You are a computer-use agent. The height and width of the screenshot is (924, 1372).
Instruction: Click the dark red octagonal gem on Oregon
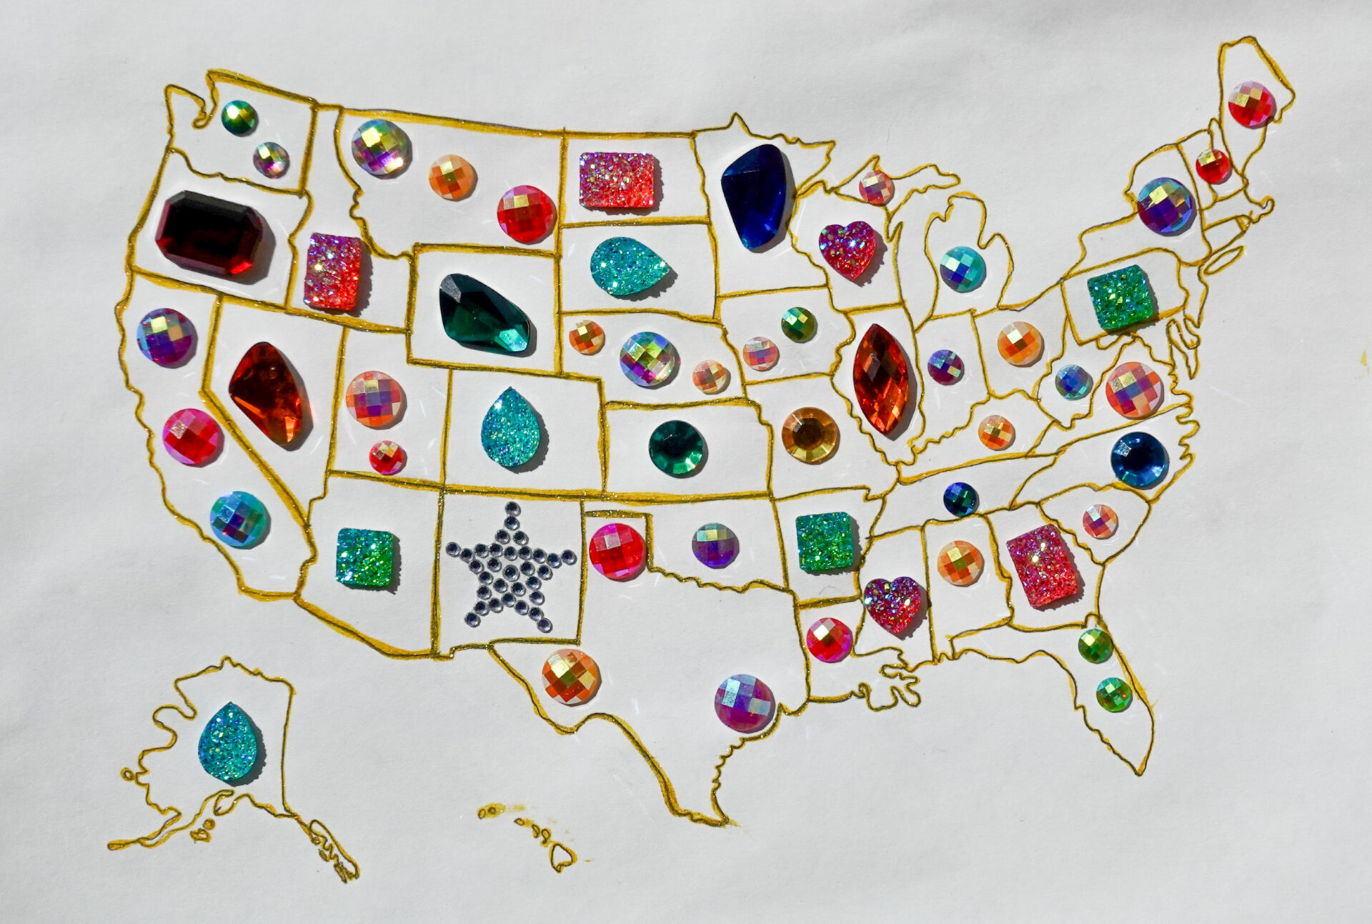pos(210,233)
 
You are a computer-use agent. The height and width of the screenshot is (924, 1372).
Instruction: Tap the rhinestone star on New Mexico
pos(510,566)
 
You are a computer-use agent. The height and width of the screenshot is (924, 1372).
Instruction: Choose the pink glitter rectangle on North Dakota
pos(618,180)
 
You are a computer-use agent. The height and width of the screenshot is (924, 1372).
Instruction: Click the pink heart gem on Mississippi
pos(893,604)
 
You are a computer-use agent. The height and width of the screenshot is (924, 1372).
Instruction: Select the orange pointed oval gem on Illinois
pos(881,379)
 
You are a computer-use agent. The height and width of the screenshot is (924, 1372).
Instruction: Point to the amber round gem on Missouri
pos(810,434)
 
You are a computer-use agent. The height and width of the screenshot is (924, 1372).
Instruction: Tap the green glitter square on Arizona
pos(367,557)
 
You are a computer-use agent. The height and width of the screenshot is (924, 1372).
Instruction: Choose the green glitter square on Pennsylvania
pos(1120,297)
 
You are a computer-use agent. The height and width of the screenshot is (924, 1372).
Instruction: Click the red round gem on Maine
pos(1251,105)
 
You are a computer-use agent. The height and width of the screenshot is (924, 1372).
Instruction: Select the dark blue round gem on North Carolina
pos(1139,459)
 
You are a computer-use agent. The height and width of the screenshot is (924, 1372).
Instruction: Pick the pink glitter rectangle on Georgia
pos(1041,565)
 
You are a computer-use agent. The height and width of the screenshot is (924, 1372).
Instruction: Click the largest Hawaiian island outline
pos(562,854)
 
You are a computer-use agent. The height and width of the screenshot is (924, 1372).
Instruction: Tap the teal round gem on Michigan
pos(962,269)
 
